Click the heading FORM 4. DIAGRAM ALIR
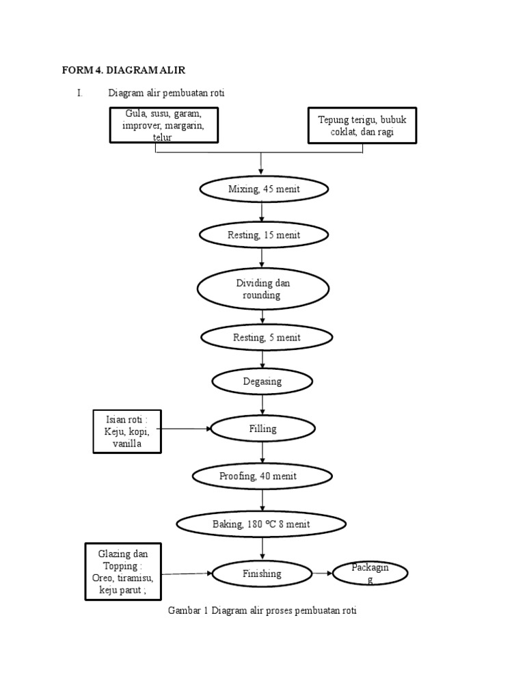click(x=123, y=70)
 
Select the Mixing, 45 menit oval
click(x=263, y=189)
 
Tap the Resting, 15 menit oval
click(x=263, y=235)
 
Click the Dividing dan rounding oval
click(x=263, y=289)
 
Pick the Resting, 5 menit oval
click(x=267, y=337)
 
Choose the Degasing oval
click(x=262, y=381)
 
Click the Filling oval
click(x=263, y=429)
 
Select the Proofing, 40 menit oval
click(x=263, y=476)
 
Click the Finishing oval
click(x=262, y=574)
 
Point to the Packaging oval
click(x=370, y=574)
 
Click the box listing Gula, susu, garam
click(x=164, y=124)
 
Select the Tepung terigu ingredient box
click(x=362, y=125)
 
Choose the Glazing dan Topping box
click(x=123, y=571)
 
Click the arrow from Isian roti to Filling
click(x=186, y=429)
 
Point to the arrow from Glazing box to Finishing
click(x=187, y=574)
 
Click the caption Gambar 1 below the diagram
click(x=262, y=610)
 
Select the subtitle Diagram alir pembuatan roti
click(x=166, y=93)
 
